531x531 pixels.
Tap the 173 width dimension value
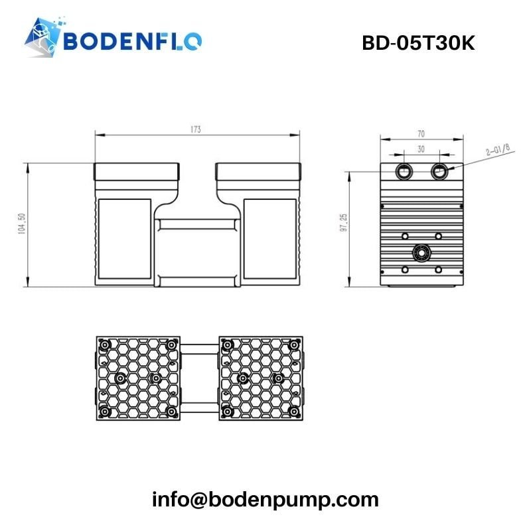(196, 129)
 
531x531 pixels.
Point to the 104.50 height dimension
(22, 224)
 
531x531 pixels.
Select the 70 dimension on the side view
(420, 133)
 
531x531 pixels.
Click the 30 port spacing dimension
(420, 149)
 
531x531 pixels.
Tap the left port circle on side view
(403, 171)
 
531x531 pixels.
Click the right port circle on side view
(439, 171)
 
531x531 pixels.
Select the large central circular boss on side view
(421, 252)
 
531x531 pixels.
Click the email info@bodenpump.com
(265, 499)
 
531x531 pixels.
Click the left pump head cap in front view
(137, 174)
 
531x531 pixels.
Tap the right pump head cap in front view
(258, 174)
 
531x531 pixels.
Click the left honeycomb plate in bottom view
(137, 378)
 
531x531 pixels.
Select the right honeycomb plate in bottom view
(261, 378)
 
